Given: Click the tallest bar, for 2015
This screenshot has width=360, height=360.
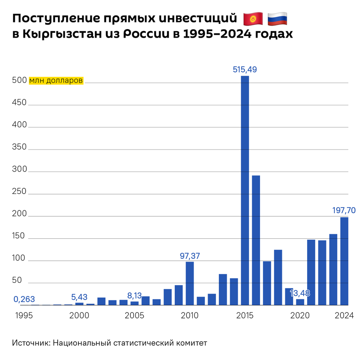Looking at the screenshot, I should [x=245, y=190].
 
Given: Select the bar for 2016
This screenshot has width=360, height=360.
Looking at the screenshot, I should [x=256, y=240].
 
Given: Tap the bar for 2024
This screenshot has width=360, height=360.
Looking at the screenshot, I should [x=344, y=261].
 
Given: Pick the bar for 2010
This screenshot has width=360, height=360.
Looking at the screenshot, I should [x=190, y=283].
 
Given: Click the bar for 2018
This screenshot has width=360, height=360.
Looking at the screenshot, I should [x=278, y=277].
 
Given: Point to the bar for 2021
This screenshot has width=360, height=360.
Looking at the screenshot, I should [x=311, y=272].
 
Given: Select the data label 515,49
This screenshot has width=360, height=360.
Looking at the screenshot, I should [x=245, y=70].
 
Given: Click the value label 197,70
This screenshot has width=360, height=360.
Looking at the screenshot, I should [x=344, y=210].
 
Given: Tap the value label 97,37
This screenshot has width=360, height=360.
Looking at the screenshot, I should [x=190, y=255].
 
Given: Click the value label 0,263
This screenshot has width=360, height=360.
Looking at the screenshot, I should [x=24, y=299].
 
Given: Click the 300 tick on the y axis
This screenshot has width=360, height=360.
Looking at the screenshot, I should [x=19, y=170].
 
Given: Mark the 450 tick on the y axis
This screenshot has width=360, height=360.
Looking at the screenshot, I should [x=19, y=103].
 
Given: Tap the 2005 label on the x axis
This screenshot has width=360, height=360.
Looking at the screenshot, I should [x=134, y=316].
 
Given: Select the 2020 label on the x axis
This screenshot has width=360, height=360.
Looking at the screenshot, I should [x=300, y=316].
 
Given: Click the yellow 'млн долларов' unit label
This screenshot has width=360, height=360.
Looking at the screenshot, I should [x=56, y=80].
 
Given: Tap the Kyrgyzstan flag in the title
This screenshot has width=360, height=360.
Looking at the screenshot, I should [x=253, y=18].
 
